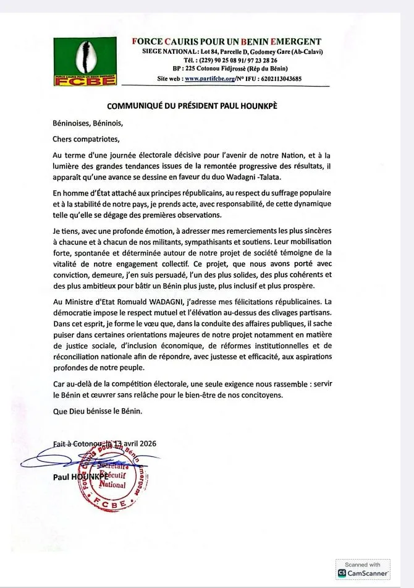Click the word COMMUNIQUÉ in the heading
tap(136, 106)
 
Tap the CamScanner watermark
tap(363, 570)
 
